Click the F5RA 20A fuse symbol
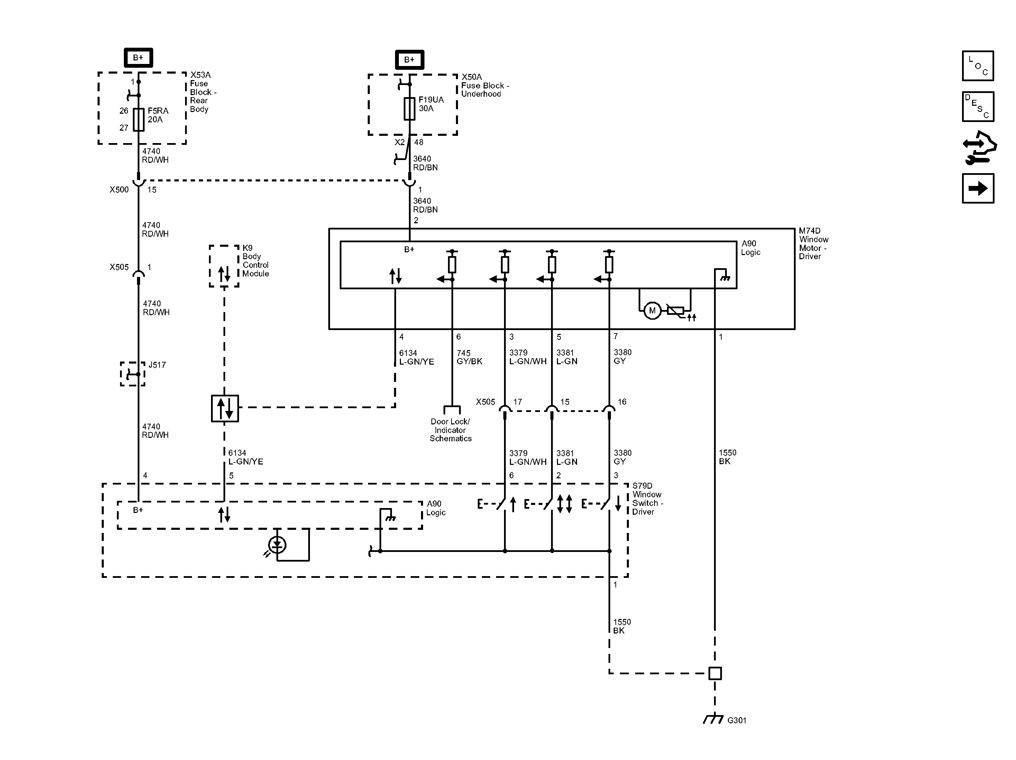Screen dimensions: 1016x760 pyautogui.click(x=138, y=120)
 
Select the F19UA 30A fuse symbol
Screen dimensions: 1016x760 pyautogui.click(x=409, y=109)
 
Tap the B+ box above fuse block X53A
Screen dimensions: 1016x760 pyautogui.click(x=138, y=58)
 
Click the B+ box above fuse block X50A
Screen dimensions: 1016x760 pyautogui.click(x=409, y=60)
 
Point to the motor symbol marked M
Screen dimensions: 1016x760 pyautogui.click(x=652, y=311)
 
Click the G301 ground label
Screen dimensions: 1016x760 pyautogui.click(x=737, y=720)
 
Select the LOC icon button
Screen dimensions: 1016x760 pyautogui.click(x=978, y=66)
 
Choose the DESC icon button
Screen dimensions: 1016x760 pyautogui.click(x=978, y=106)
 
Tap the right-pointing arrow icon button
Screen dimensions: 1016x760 pyautogui.click(x=978, y=188)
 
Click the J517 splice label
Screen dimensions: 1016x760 pyautogui.click(x=157, y=365)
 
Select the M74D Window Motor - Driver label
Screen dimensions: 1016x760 pyautogui.click(x=813, y=244)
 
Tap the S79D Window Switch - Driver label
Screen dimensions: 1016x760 pyautogui.click(x=648, y=498)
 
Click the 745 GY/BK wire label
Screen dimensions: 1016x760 pyautogui.click(x=469, y=357)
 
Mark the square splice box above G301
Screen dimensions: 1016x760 pyautogui.click(x=715, y=673)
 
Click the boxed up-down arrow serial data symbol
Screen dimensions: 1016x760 pyautogui.click(x=225, y=408)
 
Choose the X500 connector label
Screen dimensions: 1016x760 pyautogui.click(x=119, y=189)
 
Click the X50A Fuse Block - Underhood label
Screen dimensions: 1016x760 pyautogui.click(x=485, y=85)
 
